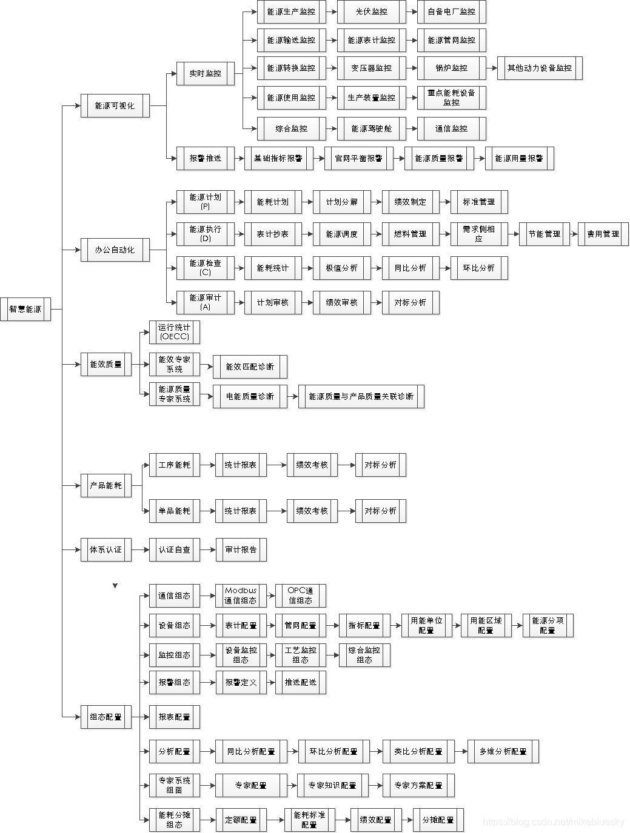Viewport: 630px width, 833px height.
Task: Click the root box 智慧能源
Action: pos(25,309)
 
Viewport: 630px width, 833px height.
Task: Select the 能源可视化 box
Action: pos(115,105)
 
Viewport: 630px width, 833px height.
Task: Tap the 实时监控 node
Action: pos(205,73)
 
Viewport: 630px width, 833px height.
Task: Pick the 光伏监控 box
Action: pos(371,12)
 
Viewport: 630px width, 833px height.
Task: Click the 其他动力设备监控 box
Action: pos(539,68)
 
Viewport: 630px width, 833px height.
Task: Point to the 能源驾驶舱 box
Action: pos(371,128)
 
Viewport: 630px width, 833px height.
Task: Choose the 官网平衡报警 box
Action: pos(358,158)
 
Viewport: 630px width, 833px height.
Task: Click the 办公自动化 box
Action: pos(115,250)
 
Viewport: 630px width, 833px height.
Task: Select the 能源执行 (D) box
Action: pos(205,234)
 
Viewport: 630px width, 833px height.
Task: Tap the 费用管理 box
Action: pos(603,234)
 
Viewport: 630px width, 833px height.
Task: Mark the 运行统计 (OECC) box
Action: pos(174,332)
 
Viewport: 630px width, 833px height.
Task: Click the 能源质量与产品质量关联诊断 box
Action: pos(361,396)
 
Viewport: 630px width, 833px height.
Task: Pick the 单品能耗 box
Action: pos(174,511)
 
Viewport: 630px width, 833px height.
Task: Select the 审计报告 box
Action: pos(241,549)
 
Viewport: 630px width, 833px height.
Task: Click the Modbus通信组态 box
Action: pos(241,596)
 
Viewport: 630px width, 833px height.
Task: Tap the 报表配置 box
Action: pos(174,717)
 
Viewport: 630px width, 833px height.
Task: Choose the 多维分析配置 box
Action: pos(503,751)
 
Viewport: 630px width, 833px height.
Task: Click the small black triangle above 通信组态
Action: pos(115,586)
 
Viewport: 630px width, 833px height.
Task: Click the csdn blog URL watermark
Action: pos(553,821)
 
